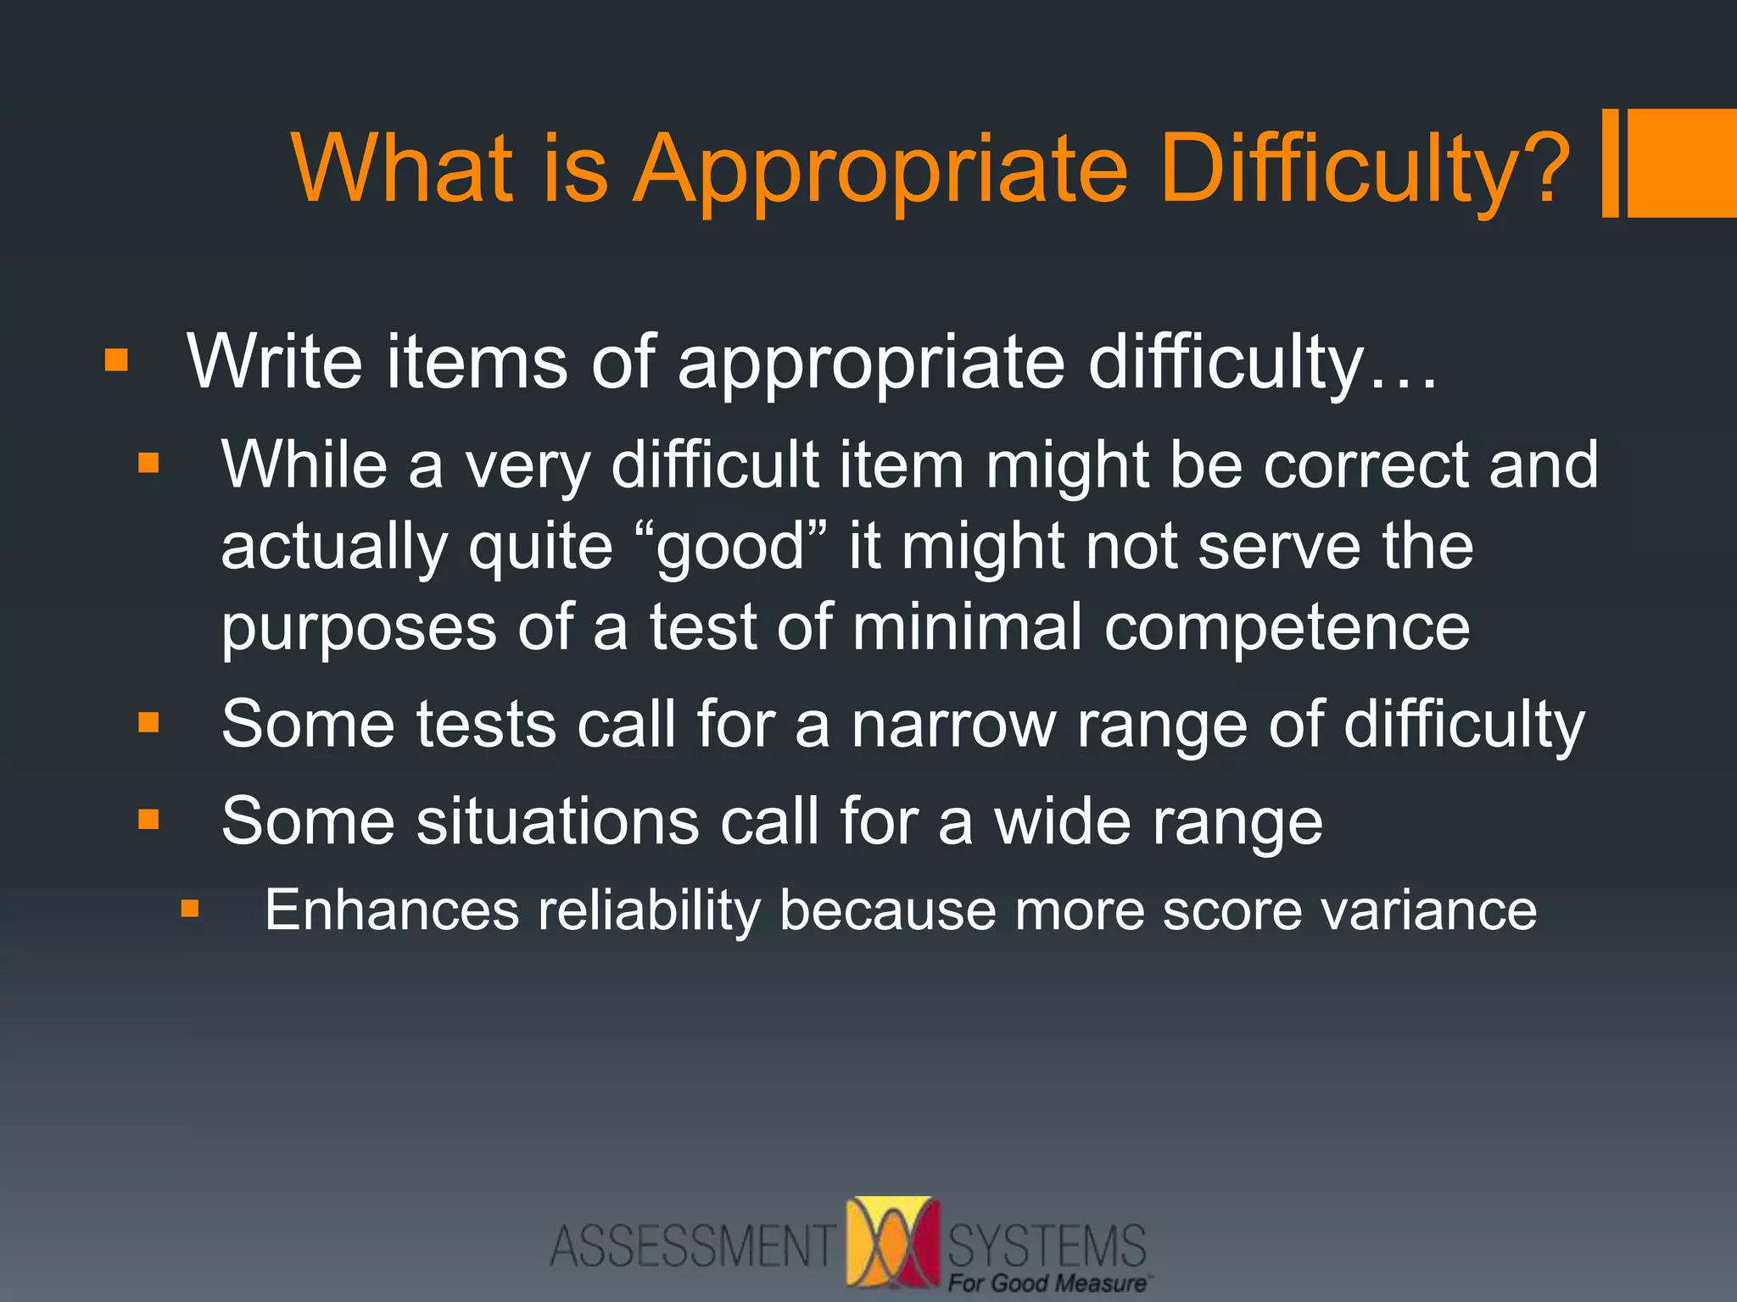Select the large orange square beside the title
pos(1683,163)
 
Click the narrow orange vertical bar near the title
pos(1610,163)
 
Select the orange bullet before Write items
pos(116,362)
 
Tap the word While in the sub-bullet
pos(304,465)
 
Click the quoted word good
pos(730,548)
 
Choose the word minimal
pos(967,627)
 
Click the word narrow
pos(953,725)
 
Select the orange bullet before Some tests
pos(149,722)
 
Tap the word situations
pos(557,821)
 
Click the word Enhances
pos(392,910)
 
